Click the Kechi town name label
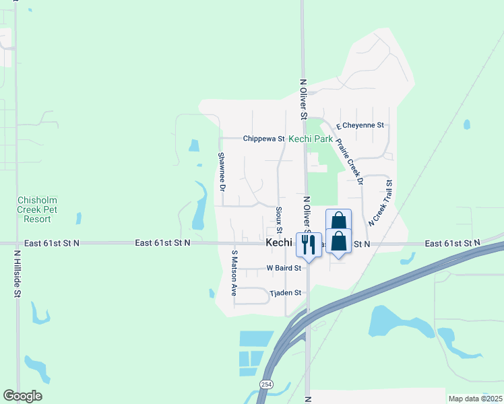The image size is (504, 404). pyautogui.click(x=278, y=242)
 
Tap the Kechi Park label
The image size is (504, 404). pyautogui.click(x=311, y=139)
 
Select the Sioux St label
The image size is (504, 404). pyautogui.click(x=278, y=220)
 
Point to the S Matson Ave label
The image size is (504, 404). pyautogui.click(x=234, y=273)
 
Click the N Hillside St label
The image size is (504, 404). pyautogui.click(x=18, y=273)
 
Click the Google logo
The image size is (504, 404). pyautogui.click(x=22, y=396)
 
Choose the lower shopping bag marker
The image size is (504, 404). pyautogui.click(x=338, y=241)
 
